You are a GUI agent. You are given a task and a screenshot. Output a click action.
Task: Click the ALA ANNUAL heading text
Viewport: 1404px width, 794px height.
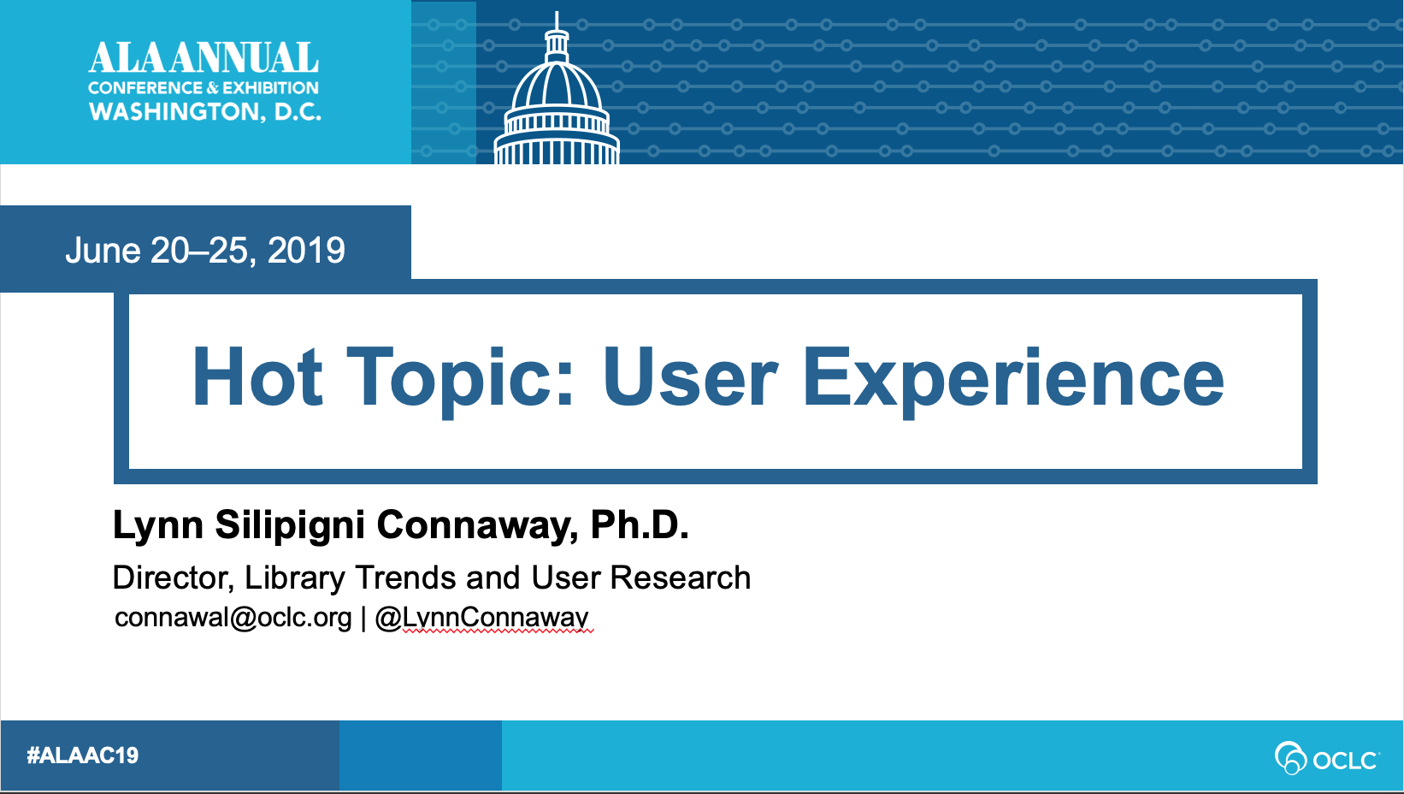(x=204, y=58)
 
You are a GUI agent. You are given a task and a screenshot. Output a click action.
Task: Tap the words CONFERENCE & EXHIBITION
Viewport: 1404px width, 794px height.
(x=204, y=88)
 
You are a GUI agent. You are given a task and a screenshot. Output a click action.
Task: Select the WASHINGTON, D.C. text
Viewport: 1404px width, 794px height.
(x=205, y=112)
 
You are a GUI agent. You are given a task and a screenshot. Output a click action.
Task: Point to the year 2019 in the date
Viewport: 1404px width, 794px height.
(x=306, y=250)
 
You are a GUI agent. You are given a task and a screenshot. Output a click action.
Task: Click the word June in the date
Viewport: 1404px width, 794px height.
(x=103, y=250)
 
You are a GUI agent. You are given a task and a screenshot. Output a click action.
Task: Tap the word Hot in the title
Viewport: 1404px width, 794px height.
(x=257, y=377)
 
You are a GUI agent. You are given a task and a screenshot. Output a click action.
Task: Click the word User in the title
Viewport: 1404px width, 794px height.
(x=690, y=377)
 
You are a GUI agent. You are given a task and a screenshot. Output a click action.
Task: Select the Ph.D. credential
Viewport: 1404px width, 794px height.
(x=640, y=524)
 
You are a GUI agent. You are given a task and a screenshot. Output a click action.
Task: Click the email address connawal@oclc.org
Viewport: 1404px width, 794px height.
(x=233, y=618)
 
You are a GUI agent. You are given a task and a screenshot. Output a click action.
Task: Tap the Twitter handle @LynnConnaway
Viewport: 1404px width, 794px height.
(x=482, y=619)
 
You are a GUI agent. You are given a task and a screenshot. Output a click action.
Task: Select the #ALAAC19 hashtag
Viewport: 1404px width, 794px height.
(x=83, y=755)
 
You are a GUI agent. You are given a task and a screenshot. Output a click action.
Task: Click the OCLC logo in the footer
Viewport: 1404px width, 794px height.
(x=1327, y=758)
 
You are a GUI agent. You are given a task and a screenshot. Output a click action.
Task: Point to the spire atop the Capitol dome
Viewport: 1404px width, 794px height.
(x=557, y=21)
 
